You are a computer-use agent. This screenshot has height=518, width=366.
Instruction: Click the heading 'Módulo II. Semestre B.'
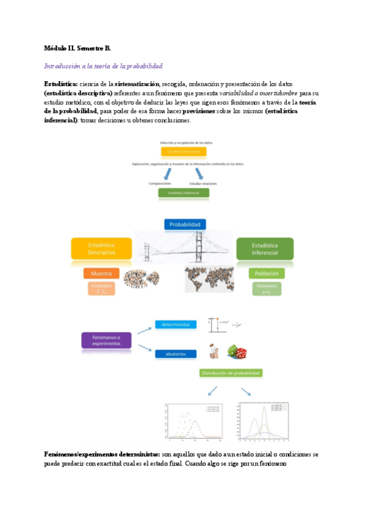pos(77,48)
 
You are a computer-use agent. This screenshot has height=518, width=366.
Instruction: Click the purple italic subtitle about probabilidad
pos(104,66)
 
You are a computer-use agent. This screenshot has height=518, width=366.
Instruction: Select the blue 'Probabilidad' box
pos(184,224)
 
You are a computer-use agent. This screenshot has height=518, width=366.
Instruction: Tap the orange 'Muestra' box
pos(101,273)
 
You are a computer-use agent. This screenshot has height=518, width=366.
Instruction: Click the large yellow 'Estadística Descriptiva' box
pos(101,248)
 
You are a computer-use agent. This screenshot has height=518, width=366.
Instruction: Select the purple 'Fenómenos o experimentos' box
pos(107,340)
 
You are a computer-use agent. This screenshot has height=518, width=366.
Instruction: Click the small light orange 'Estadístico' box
pos(101,288)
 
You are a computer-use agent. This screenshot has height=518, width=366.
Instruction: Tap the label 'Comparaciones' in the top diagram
pos(160,183)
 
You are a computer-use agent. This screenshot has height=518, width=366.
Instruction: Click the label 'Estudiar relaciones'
pos(203,183)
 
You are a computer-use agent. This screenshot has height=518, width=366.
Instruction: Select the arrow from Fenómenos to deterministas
pos(145,330)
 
